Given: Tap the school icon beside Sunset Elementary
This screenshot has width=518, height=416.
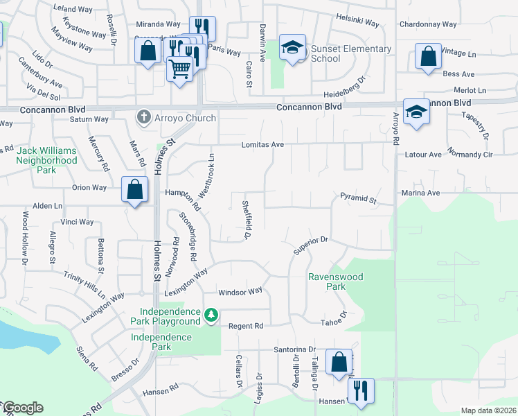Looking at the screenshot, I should [x=292, y=48].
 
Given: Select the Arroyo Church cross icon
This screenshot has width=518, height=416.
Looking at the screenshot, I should [x=144, y=117].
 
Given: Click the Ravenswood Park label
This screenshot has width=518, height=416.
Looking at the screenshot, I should [x=336, y=281].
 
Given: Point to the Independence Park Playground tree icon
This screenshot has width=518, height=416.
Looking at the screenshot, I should [x=211, y=316].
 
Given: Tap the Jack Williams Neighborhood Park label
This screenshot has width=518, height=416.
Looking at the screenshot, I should [x=47, y=160].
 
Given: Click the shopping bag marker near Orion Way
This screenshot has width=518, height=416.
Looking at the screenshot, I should [x=134, y=189].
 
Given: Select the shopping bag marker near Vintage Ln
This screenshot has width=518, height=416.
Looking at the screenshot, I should [x=428, y=56].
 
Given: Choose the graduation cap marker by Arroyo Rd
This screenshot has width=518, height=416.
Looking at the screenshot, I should [x=416, y=112].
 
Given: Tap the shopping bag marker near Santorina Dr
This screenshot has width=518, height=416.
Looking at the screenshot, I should [x=339, y=363].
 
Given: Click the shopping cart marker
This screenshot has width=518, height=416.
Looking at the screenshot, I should [x=180, y=68].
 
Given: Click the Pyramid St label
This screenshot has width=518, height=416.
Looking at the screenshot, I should [x=357, y=199].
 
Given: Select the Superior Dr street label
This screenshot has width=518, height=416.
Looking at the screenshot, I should [x=310, y=245].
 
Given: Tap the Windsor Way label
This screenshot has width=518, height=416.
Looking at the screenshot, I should [x=240, y=292].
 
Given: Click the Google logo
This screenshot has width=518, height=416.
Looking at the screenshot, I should [x=22, y=408].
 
